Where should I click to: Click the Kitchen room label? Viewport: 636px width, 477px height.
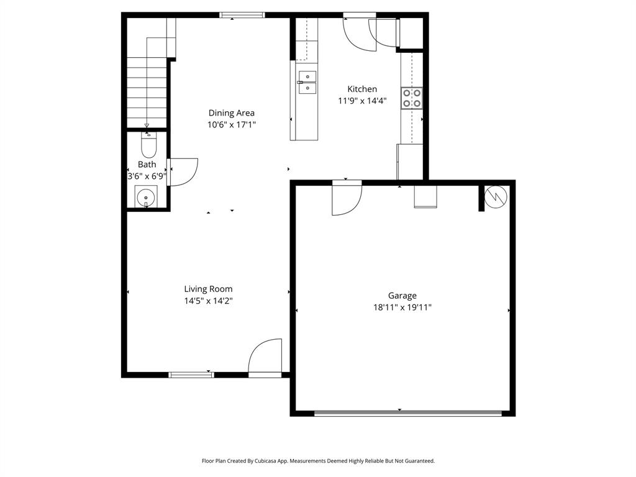[x=361, y=89]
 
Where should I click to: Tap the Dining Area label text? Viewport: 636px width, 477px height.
[x=231, y=113]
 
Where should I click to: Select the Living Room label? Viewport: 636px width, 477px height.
[x=208, y=289]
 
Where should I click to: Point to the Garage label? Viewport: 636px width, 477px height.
[x=402, y=296]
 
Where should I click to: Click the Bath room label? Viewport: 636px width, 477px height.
[x=147, y=165]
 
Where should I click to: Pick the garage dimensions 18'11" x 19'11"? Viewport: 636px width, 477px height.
[x=402, y=307]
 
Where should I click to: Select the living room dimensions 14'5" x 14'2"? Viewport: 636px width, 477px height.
[x=208, y=301]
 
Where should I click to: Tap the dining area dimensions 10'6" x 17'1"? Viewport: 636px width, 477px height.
[x=231, y=124]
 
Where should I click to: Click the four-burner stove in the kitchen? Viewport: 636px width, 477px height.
[x=412, y=98]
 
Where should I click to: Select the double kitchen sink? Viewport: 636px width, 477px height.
[x=307, y=82]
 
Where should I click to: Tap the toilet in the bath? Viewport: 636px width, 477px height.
[x=148, y=145]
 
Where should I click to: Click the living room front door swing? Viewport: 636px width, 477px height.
[x=266, y=358]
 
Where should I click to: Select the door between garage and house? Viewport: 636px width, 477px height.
[x=345, y=198]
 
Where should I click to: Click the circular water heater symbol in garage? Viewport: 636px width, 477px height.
[x=497, y=196]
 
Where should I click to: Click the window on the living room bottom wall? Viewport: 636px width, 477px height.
[x=191, y=375]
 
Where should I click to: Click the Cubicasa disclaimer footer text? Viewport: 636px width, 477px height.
[x=318, y=461]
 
